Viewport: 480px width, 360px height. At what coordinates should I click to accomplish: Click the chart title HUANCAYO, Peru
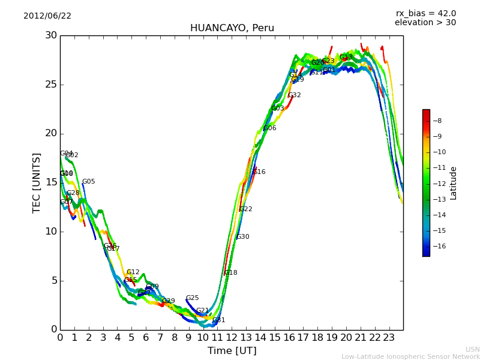[232, 28]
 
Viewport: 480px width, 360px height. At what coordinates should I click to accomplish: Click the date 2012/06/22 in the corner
[47, 16]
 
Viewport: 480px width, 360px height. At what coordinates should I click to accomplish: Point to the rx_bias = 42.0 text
[425, 13]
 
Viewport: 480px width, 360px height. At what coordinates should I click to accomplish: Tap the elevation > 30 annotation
[425, 23]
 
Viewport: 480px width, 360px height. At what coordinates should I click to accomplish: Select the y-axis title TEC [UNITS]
[37, 182]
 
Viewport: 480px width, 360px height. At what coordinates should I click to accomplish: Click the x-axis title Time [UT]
[232, 351]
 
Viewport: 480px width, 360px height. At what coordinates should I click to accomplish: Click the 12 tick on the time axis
[232, 338]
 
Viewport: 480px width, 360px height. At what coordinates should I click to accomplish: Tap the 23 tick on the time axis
[389, 338]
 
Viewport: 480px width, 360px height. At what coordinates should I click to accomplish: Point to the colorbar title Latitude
[454, 182]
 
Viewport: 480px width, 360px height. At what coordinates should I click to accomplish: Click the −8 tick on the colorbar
[437, 121]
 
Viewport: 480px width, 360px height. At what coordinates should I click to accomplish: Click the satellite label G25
[192, 298]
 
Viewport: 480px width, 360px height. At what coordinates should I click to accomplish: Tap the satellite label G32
[295, 95]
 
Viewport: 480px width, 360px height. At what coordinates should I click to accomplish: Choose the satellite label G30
[243, 237]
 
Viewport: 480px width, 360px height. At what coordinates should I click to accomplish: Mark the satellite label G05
[89, 182]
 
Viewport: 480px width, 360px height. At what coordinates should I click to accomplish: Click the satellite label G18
[231, 273]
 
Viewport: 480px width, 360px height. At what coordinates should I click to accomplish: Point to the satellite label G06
[270, 128]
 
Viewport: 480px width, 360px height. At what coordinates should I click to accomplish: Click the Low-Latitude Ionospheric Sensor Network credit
[410, 356]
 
